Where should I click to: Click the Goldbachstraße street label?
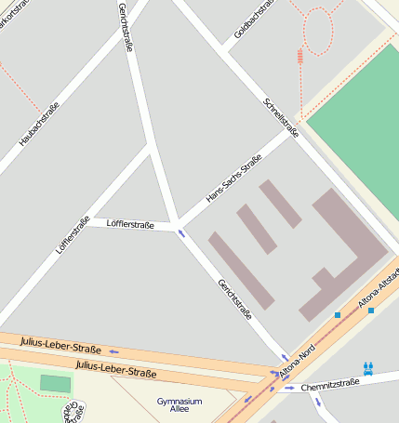pyautogui.click(x=252, y=20)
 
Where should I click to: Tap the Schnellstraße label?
pyautogui.click(x=281, y=117)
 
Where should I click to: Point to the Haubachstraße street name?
pyautogui.click(x=39, y=124)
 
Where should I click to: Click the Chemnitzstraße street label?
pyautogui.click(x=329, y=383)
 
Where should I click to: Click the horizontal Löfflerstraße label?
pyautogui.click(x=130, y=224)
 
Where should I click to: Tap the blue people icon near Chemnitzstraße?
pyautogui.click(x=369, y=367)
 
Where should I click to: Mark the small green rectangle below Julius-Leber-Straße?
pyautogui.click(x=56, y=383)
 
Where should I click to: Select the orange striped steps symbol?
pyautogui.click(x=299, y=56)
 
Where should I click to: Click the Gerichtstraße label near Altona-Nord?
pyautogui.click(x=234, y=298)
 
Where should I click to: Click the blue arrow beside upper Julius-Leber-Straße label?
pyautogui.click(x=113, y=351)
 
